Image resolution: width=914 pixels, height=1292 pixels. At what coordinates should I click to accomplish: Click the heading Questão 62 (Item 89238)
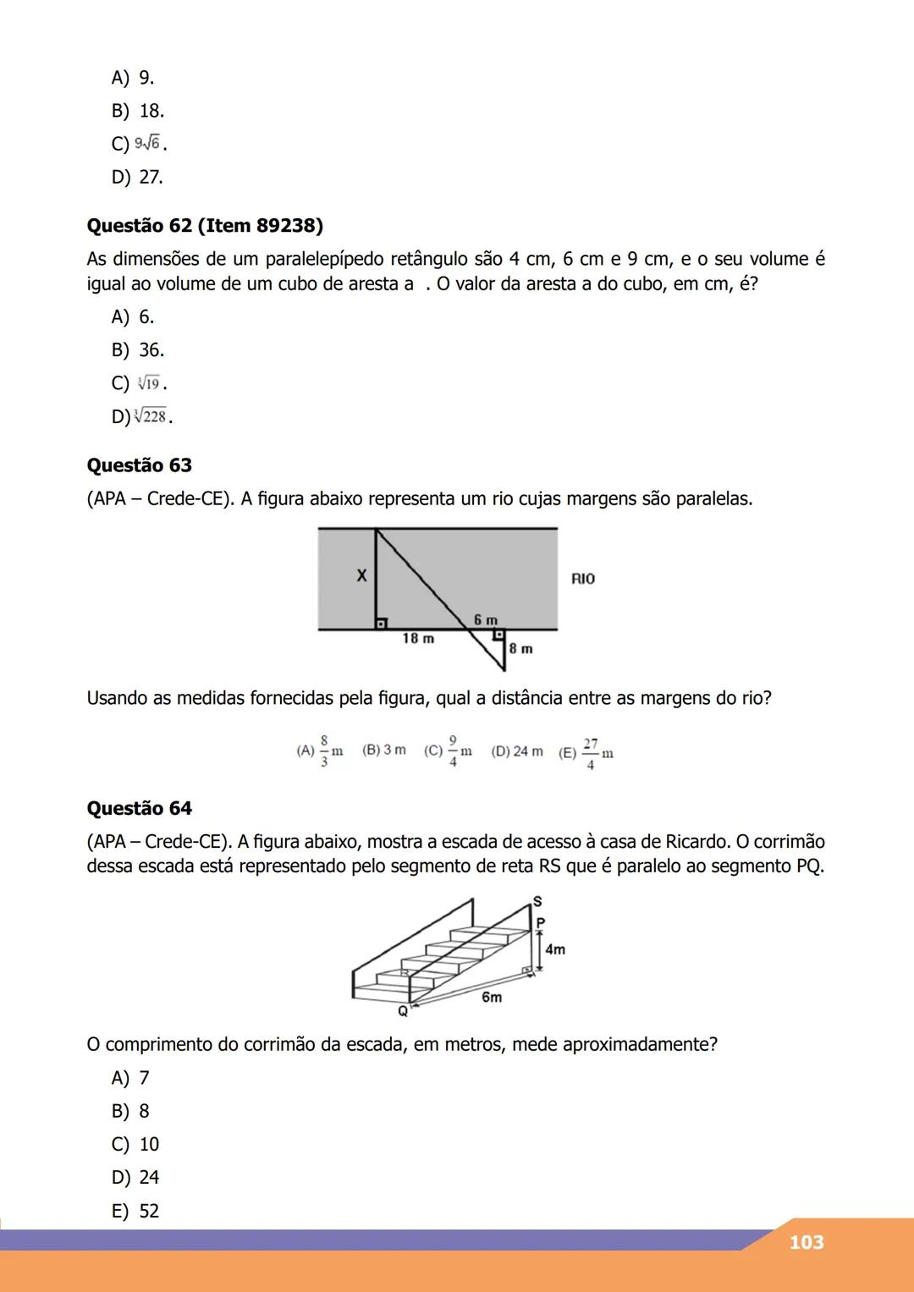point(205,226)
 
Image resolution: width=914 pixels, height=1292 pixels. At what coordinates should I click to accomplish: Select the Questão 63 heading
point(140,465)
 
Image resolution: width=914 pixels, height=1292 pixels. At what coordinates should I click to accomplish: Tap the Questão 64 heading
point(140,808)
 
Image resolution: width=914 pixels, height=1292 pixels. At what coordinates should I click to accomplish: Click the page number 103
point(806,1242)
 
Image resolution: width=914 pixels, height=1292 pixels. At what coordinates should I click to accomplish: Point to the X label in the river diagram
point(361,576)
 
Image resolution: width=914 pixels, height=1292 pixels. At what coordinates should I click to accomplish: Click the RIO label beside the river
point(583,579)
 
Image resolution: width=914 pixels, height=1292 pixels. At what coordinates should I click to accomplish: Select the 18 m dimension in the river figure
point(418,639)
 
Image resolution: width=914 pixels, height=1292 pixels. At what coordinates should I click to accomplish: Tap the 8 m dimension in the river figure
point(521,649)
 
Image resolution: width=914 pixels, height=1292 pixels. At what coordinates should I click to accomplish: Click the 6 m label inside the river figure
point(485,620)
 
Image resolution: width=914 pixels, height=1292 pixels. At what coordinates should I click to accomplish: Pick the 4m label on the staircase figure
point(555,949)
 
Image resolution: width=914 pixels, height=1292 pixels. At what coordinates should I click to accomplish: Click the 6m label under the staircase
point(492,997)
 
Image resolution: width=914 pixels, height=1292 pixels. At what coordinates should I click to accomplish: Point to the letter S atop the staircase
point(537,899)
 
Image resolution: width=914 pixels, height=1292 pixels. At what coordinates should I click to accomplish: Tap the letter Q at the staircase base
point(403,1011)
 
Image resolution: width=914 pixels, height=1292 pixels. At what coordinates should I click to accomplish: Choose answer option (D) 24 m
point(517,751)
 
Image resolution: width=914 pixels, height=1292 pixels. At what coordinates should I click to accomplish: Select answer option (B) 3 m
point(383,750)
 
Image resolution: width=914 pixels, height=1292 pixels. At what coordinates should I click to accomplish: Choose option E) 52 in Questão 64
point(135,1211)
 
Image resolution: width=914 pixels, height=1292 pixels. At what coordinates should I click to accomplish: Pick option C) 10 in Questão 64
point(135,1144)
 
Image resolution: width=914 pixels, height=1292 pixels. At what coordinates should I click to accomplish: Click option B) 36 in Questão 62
point(138,350)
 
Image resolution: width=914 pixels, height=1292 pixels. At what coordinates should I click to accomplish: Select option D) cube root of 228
point(142,417)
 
